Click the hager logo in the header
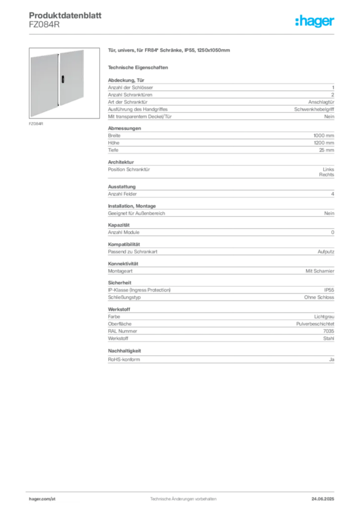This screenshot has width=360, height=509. click(x=315, y=21)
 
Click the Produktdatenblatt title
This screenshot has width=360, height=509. click(x=65, y=15)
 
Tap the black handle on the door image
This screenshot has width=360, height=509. click(x=63, y=79)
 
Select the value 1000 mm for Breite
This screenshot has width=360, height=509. click(x=324, y=135)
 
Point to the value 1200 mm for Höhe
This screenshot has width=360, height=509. click(x=324, y=143)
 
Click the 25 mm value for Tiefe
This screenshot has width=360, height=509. click(x=327, y=150)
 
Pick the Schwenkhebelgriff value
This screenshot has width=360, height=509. click(x=314, y=109)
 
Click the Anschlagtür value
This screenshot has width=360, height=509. click(x=321, y=102)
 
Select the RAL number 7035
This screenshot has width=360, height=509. click(x=329, y=331)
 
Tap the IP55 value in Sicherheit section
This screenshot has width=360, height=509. click(x=329, y=290)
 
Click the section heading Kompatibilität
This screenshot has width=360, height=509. click(x=124, y=244)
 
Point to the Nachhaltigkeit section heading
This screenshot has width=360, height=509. click(x=124, y=350)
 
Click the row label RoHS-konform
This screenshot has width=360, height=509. click(x=124, y=359)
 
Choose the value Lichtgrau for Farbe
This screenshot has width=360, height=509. click(x=324, y=317)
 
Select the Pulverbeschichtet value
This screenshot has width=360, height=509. click(x=315, y=324)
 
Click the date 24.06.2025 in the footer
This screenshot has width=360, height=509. click(x=323, y=499)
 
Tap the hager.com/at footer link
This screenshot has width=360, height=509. click(x=42, y=499)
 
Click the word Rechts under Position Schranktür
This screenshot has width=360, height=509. click(x=327, y=174)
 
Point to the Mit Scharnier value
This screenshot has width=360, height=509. click(x=320, y=271)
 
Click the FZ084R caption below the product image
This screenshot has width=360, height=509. click(x=36, y=124)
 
